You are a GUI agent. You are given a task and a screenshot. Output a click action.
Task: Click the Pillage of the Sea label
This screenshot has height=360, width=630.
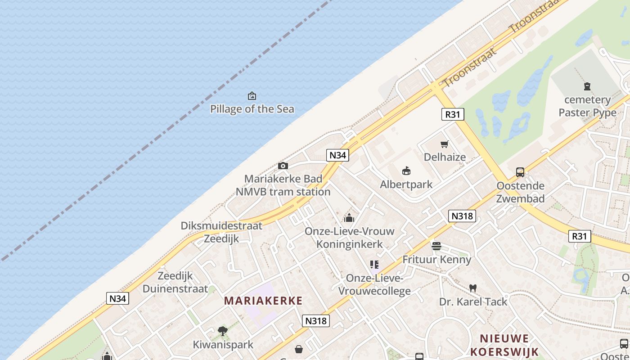click(x=252, y=109)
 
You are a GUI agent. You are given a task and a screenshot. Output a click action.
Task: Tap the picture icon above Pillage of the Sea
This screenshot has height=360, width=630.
click(x=252, y=96)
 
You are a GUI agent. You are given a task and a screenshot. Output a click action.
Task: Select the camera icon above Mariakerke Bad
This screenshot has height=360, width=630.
click(x=283, y=166)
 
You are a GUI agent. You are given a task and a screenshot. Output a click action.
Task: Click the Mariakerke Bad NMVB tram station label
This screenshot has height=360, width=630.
click(x=283, y=185)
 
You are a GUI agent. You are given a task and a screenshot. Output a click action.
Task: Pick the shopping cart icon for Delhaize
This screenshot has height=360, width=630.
click(x=445, y=144)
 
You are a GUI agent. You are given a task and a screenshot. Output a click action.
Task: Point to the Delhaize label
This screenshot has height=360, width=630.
click(x=445, y=157)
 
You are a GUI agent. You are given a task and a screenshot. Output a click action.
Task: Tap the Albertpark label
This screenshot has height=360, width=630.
click(x=406, y=184)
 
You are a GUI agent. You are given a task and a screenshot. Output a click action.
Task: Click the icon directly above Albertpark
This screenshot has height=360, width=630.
click(x=406, y=171)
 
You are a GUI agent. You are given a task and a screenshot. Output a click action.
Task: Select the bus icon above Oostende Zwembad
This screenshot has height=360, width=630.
click(x=520, y=172)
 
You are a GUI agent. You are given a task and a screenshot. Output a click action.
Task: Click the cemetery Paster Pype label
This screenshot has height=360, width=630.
click(x=587, y=106)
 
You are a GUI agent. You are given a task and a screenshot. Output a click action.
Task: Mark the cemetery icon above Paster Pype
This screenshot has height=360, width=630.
click(x=587, y=86)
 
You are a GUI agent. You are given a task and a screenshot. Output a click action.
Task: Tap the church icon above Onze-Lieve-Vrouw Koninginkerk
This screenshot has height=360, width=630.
click(x=349, y=218)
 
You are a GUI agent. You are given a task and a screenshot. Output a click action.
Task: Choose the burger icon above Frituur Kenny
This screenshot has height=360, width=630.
click(x=436, y=246)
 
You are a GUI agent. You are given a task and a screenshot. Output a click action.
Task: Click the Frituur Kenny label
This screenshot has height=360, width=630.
click(x=436, y=260)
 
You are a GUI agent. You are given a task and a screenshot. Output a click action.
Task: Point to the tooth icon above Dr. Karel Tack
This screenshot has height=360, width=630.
click(x=473, y=288)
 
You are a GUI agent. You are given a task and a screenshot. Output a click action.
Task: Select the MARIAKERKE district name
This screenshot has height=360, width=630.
click(x=263, y=301)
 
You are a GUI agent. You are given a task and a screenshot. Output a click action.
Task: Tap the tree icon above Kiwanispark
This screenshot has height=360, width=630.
click(x=223, y=332)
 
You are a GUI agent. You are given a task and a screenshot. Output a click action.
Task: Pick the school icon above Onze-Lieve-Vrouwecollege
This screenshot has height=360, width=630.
click(x=374, y=265)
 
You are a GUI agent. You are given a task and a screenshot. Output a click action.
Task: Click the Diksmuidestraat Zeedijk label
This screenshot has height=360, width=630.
click(x=221, y=232)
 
